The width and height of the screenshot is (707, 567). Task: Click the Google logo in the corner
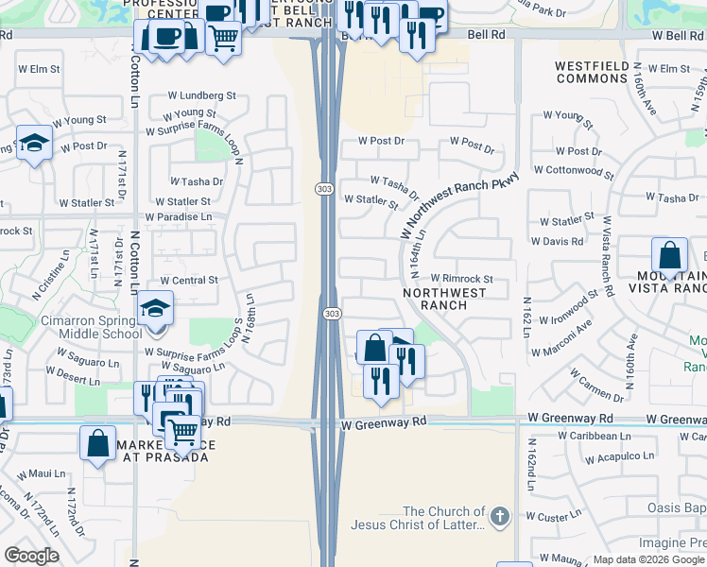31,556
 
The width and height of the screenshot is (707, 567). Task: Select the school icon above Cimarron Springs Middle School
155,308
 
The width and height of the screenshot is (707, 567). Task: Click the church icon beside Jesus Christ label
500,517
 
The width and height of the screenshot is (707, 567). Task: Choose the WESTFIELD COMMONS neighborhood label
593,72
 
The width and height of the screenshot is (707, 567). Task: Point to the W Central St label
189,281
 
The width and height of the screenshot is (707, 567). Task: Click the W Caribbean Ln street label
595,436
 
